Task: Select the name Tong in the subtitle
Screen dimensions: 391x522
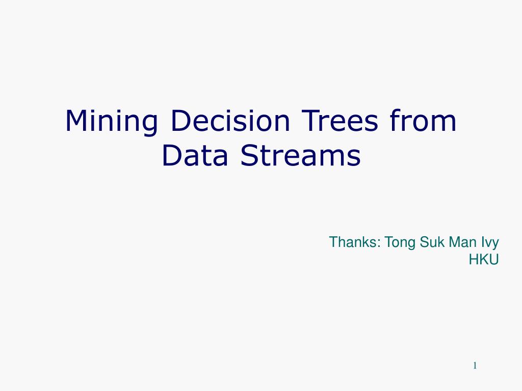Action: coord(401,242)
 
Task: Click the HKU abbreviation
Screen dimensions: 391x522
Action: coord(483,259)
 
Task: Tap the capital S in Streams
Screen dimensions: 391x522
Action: coord(249,156)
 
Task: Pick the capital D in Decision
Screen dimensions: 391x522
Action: coord(179,121)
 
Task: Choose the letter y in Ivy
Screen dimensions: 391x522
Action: coord(495,244)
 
